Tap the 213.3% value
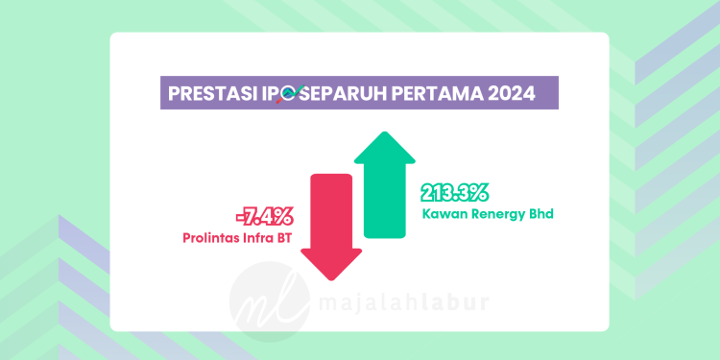coord(455,192)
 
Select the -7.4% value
coord(264,216)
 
